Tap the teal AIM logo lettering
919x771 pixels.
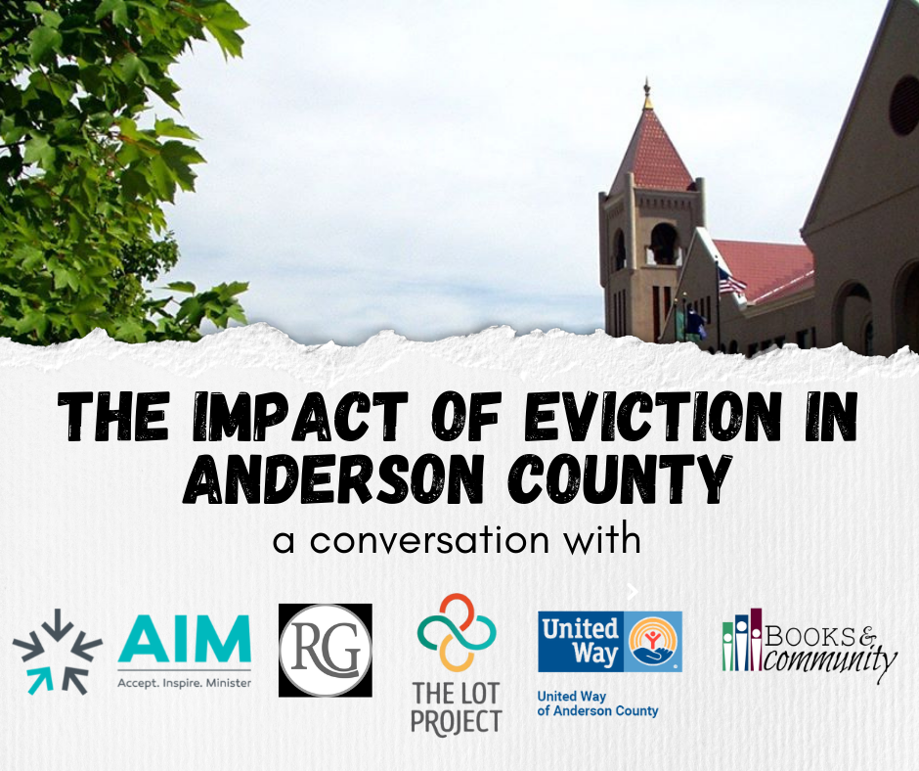tap(184, 640)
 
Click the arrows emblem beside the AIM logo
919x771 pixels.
tap(58, 652)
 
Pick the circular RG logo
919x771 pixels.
tap(325, 650)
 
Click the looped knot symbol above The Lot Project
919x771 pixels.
tap(457, 631)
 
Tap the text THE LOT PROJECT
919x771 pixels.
tap(457, 707)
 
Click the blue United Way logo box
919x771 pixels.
tap(610, 642)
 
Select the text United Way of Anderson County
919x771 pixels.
tap(597, 703)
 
